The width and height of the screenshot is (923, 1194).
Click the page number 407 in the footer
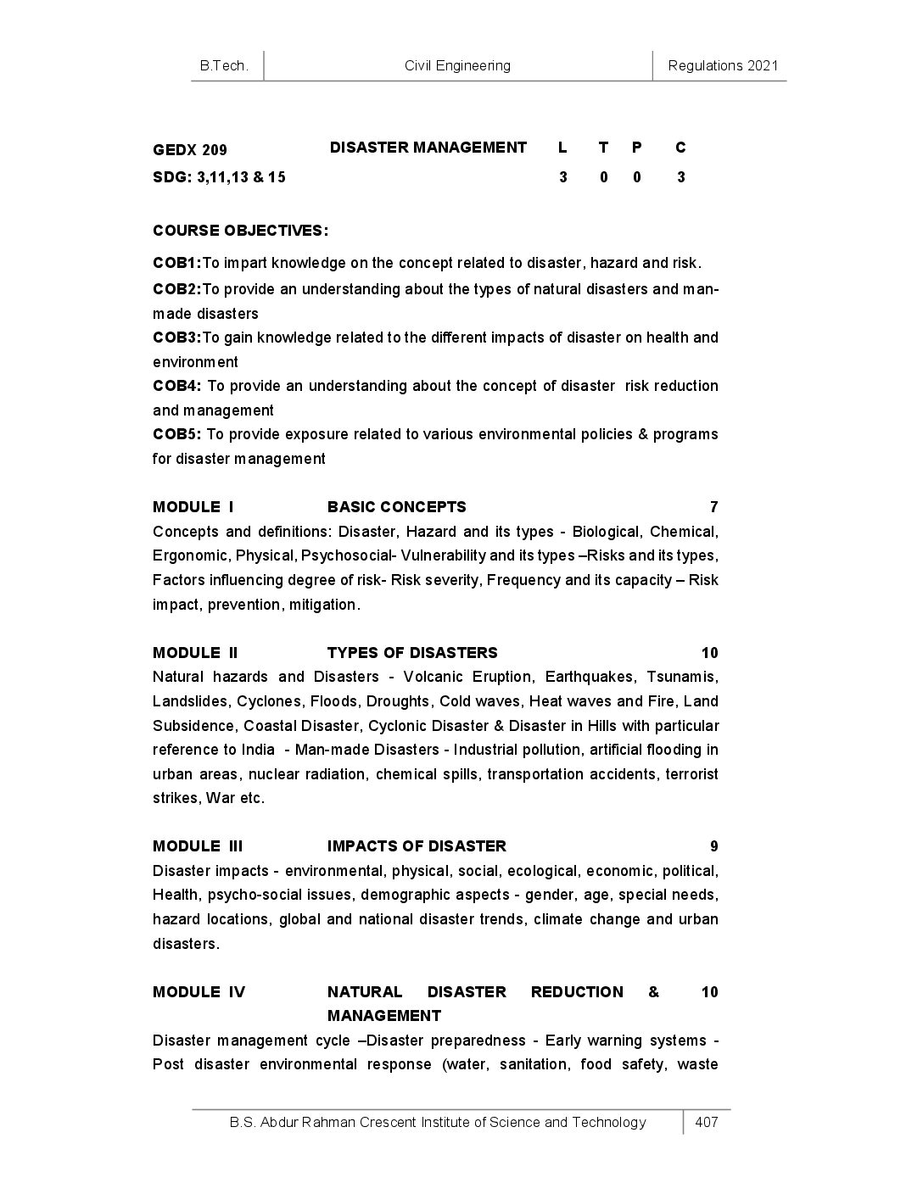tap(706, 1122)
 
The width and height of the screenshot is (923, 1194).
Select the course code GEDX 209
tap(190, 150)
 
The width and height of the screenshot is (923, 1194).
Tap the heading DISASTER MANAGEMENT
tap(428, 148)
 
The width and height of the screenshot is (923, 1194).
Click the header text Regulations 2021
tap(723, 65)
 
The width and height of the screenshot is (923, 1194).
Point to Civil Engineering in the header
tap(457, 65)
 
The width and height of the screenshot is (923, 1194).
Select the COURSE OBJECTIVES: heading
tap(240, 231)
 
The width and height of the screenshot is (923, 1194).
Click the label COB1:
tap(176, 263)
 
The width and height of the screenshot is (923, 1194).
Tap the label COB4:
tap(176, 386)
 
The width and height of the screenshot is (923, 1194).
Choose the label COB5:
tap(176, 434)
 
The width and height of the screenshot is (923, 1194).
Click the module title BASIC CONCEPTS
tap(396, 507)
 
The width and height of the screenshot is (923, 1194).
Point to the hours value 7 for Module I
tap(713, 507)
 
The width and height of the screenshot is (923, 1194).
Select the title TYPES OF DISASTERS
tap(412, 653)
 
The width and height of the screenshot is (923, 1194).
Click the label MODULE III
tap(198, 846)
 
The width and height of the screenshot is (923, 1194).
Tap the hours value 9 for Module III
tap(713, 846)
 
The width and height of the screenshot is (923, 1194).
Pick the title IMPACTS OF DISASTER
tap(417, 846)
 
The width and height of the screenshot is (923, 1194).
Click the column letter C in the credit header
tap(680, 148)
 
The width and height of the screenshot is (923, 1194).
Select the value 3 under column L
tap(562, 177)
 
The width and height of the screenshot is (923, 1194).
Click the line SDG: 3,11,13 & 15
tap(219, 177)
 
